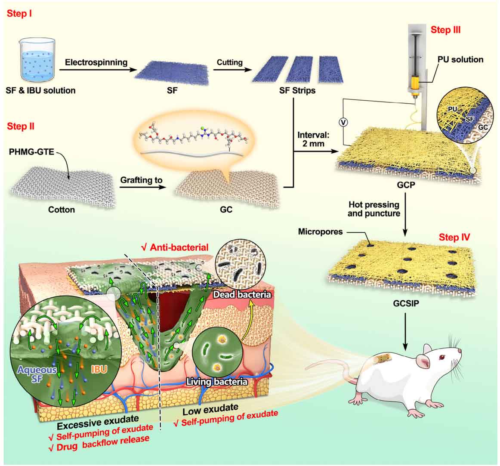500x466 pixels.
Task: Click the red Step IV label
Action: (454, 237)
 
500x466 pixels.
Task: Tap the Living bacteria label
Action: (218, 381)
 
